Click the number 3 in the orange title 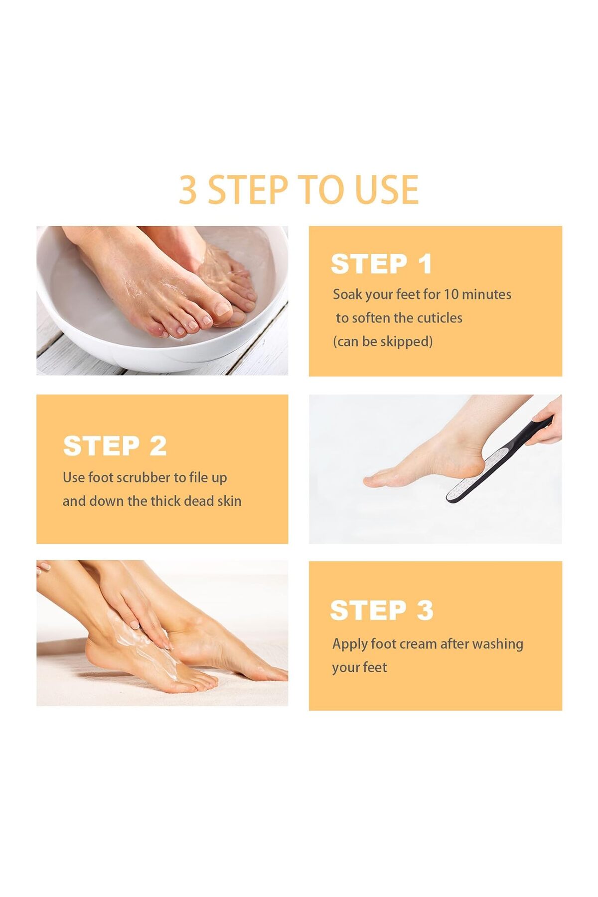point(188,190)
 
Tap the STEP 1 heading point(381,264)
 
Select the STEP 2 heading point(115,446)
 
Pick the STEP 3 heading point(382,610)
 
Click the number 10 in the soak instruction point(450,294)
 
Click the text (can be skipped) point(383,341)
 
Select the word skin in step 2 point(229,501)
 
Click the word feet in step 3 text point(376,667)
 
